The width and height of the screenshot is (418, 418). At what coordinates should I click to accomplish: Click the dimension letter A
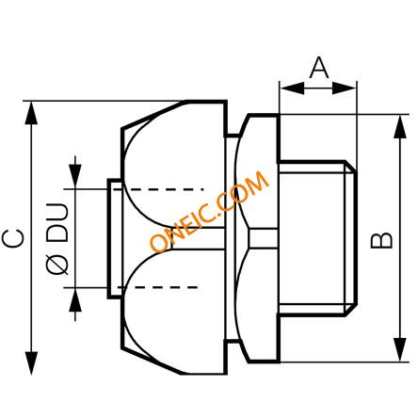tap(319, 68)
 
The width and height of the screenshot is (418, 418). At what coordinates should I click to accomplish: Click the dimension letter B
tap(381, 240)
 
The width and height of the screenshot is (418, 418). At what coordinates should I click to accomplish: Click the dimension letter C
tap(12, 238)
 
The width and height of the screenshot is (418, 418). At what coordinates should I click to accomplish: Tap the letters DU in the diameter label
tap(57, 222)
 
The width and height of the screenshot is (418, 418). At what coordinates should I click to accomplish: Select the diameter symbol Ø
tap(57, 264)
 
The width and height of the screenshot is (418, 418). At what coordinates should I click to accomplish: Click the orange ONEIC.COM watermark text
tap(210, 212)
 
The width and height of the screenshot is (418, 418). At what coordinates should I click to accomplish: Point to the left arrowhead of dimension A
tap(292, 88)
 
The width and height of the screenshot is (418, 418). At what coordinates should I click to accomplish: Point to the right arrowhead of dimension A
tap(345, 88)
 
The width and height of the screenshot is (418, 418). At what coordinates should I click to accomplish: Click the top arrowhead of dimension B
tap(400, 126)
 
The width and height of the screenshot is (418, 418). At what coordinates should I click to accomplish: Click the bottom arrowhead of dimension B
tap(400, 350)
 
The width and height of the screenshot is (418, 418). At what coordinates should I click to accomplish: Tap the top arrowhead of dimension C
tap(31, 113)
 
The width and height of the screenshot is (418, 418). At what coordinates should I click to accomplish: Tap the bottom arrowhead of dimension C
tap(31, 363)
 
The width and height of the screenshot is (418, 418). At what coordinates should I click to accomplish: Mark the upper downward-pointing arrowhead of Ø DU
tap(75, 177)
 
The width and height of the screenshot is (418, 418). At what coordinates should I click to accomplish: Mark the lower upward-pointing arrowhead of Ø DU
tap(75, 299)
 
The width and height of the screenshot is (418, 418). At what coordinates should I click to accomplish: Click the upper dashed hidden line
tap(158, 189)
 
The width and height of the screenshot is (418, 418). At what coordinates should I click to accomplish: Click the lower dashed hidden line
tap(158, 287)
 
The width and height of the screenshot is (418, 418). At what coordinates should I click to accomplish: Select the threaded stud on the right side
tap(317, 238)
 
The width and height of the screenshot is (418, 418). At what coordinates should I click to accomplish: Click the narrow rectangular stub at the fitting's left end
tap(115, 238)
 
